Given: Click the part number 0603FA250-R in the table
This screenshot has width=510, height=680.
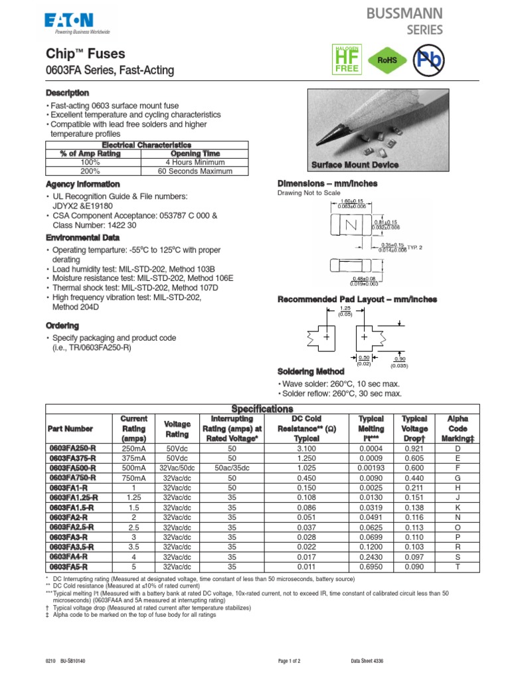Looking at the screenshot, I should (72, 448).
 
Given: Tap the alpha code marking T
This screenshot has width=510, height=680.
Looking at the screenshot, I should (457, 566).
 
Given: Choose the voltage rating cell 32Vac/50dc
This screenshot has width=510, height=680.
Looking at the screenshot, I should (177, 467).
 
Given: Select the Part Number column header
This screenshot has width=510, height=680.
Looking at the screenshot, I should (70, 429).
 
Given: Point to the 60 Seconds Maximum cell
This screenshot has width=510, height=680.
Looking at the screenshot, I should (195, 171).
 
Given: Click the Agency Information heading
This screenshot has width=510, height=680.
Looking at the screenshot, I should (82, 184).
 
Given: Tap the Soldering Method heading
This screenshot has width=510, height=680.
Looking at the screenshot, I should (310, 371).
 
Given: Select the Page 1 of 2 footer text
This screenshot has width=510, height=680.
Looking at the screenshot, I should (289, 661).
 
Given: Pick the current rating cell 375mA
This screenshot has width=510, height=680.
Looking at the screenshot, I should (133, 458).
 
